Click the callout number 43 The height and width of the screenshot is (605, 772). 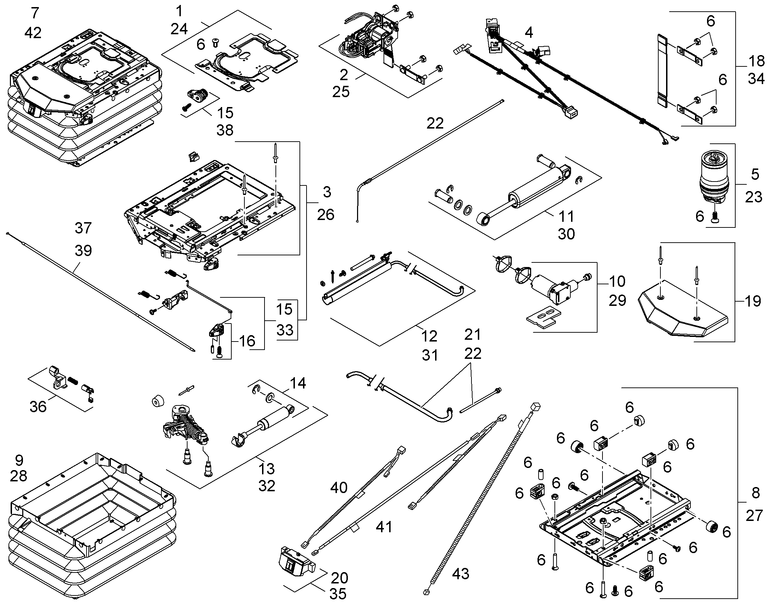pos(461,574)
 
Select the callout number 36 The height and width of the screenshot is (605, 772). pos(38,407)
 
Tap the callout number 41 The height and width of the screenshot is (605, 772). pos(384,527)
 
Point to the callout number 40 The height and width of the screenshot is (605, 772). pos(339,488)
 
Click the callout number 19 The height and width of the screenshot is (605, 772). pos(753,301)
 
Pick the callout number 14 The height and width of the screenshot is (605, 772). pos(297,383)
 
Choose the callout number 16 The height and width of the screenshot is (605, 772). pos(247,341)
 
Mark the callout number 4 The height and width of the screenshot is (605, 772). pos(529,32)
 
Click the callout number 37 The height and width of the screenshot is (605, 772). pos(83,228)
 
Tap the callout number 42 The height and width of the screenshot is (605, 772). pos(33,32)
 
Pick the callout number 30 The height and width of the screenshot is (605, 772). pos(566,234)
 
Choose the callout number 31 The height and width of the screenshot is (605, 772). pos(430,355)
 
